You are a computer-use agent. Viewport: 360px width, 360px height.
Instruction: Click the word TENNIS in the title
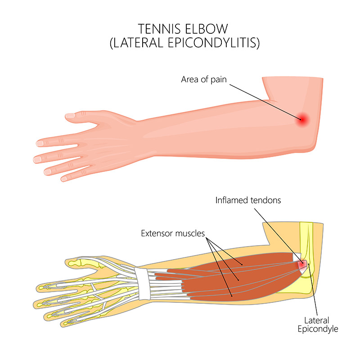(x=159, y=29)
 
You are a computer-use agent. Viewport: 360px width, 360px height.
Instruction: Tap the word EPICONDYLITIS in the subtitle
(x=213, y=43)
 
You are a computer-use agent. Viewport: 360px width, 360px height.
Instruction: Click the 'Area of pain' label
(x=204, y=80)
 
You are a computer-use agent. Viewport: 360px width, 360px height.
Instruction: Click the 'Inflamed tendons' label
(x=248, y=200)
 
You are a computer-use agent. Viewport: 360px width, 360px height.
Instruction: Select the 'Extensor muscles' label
(x=173, y=233)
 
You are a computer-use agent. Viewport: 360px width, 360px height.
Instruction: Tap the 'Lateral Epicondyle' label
(x=318, y=324)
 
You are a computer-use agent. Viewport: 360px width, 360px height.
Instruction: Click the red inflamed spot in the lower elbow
(x=302, y=264)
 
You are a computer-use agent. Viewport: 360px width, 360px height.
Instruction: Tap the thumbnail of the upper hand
(x=70, y=116)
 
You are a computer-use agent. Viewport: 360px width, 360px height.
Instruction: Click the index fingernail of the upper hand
(x=40, y=144)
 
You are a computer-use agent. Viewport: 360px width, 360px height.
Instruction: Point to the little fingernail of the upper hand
(x=64, y=179)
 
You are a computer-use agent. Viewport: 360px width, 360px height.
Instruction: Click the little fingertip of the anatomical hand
(x=63, y=324)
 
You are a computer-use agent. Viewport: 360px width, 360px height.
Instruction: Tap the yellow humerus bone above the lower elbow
(x=306, y=239)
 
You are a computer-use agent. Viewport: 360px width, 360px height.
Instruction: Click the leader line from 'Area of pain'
(x=265, y=102)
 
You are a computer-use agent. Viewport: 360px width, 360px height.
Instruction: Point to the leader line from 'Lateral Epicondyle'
(x=313, y=290)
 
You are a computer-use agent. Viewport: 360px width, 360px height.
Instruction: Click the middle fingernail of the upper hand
(x=37, y=159)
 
